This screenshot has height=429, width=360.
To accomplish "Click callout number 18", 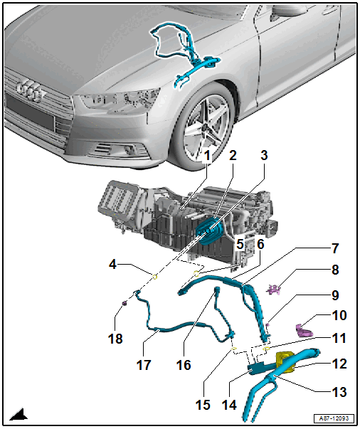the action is coord(115,339).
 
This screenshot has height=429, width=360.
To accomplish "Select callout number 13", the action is coord(339,392).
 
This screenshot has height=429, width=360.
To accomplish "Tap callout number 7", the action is coord(335,248).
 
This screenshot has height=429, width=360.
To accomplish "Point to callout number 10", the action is coord(339,315).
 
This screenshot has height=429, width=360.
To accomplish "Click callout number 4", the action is coord(112,264).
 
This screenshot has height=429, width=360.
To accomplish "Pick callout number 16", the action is coord(184,365).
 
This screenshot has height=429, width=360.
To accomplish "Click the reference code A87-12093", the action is coord(334,418).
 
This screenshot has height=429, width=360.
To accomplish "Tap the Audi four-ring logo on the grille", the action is coord(29,90).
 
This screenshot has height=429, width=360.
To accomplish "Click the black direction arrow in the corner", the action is coord(19,415).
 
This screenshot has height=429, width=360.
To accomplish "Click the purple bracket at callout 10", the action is coord(305,330).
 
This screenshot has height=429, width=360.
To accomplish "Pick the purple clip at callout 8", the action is coord(274,290).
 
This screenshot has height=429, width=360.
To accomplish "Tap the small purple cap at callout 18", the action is coord(125,303).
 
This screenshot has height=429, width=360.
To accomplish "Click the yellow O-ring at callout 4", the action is coord(155,277).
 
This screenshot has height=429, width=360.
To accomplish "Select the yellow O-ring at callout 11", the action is coord(266,349).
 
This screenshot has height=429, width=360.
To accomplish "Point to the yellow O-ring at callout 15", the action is coord(235,349).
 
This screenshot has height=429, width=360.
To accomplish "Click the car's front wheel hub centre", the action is coord(204,127).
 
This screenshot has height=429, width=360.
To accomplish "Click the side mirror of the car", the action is coord(289,11).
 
